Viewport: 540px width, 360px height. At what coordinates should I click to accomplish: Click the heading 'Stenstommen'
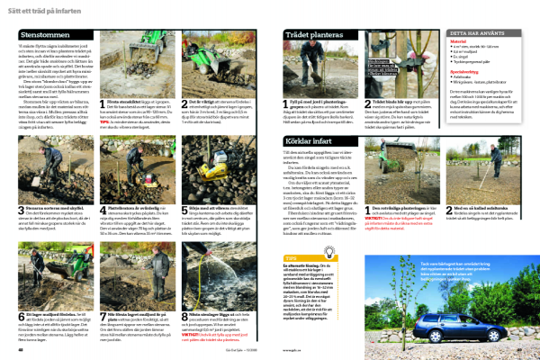pyautogui.click(x=42, y=34)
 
